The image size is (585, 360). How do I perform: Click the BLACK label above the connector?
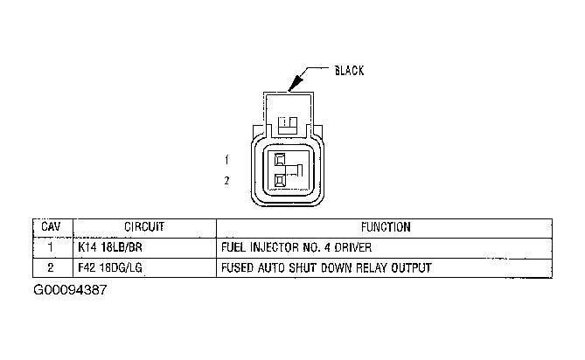tap(349, 71)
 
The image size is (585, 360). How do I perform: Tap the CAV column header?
tap(50, 227)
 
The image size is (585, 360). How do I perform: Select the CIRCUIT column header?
tap(145, 227)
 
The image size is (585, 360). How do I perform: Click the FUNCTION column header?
tap(384, 227)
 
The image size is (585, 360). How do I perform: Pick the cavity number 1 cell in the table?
tap(50, 247)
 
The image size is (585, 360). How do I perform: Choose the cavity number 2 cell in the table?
tap(50, 267)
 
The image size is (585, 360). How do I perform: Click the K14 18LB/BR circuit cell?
tap(110, 247)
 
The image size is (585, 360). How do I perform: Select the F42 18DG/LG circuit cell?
tap(110, 267)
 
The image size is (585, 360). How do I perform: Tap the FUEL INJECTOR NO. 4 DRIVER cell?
tap(291, 247)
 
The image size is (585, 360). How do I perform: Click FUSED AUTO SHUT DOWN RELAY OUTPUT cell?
tap(326, 267)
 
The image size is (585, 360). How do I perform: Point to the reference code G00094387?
tap(71, 288)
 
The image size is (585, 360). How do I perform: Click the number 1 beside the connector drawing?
tap(226, 160)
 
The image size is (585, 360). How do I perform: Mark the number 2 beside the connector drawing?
tap(226, 181)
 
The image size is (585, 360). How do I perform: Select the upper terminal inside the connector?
tap(281, 160)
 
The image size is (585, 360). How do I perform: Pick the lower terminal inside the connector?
tap(281, 181)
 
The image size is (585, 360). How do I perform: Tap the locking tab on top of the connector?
tap(288, 121)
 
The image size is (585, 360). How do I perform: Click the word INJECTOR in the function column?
tap(275, 247)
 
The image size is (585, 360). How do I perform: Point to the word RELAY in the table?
tap(374, 267)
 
